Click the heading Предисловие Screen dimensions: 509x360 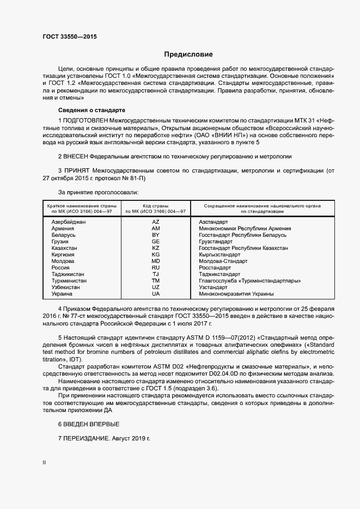pos(189,54)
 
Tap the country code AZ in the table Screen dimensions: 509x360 pos(156,222)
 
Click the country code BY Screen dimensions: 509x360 pos(156,235)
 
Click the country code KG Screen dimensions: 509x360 pos(156,254)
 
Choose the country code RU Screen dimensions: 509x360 pos(156,267)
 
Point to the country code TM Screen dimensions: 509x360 pos(156,280)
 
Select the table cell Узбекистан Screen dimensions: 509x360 pos(65,287)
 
